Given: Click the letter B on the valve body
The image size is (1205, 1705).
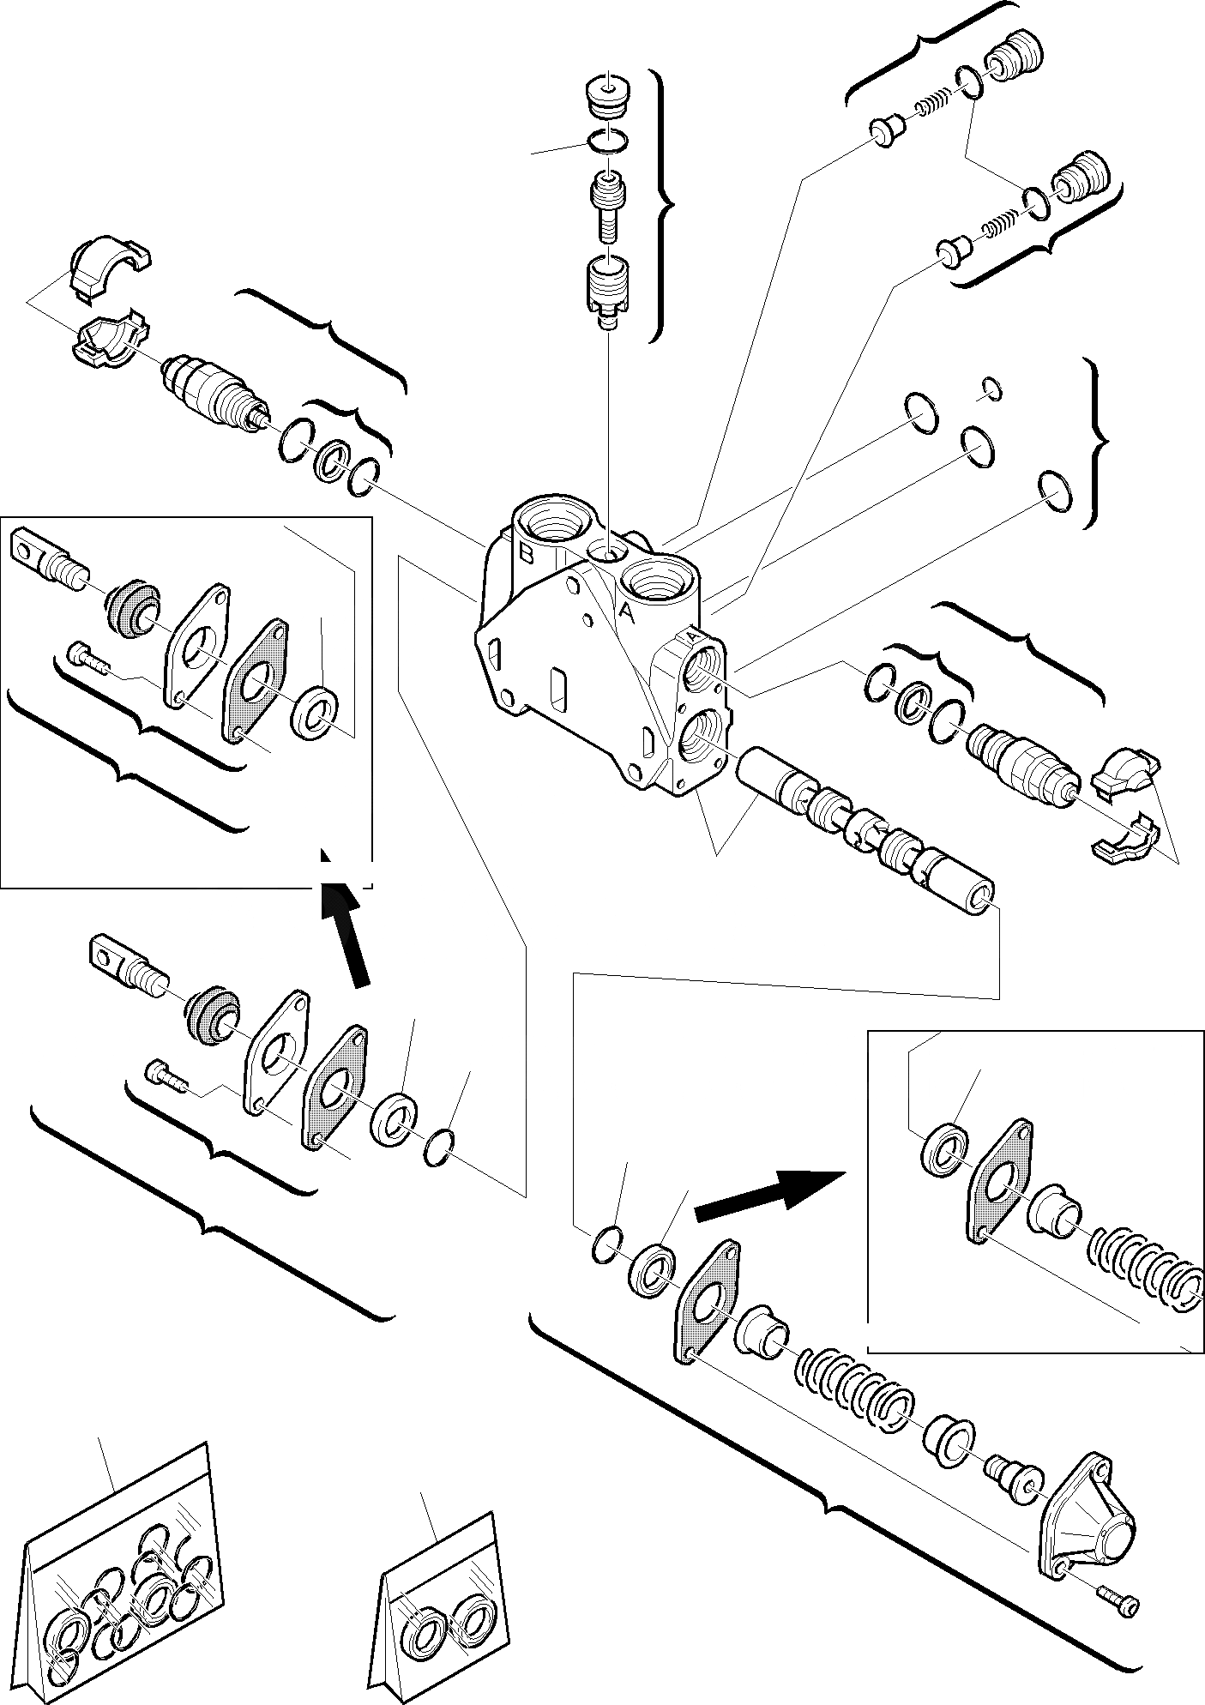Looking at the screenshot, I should [x=527, y=555].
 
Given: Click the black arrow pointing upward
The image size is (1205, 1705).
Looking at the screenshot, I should [x=346, y=935].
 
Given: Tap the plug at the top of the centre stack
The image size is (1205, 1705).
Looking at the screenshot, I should [x=608, y=94].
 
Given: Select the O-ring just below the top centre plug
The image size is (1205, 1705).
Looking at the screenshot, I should [x=608, y=139].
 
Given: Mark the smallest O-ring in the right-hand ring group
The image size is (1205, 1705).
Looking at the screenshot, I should [x=991, y=389].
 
